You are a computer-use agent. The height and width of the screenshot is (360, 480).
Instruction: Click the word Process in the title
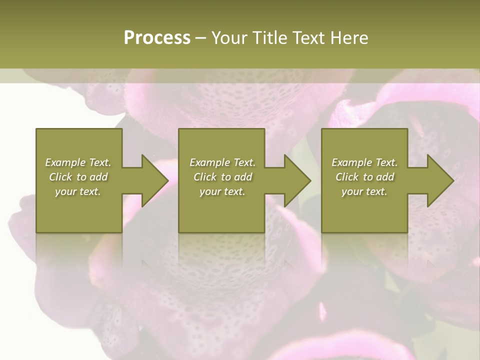tap(157, 37)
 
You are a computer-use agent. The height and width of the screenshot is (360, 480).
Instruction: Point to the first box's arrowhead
tap(155, 180)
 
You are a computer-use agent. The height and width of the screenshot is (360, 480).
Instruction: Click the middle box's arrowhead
tap(297, 180)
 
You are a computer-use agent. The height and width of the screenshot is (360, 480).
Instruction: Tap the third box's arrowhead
tap(440, 180)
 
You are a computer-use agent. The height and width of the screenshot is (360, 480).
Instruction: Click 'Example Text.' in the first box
tap(78, 162)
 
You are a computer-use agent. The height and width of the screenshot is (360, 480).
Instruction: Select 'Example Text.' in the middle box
tap(222, 162)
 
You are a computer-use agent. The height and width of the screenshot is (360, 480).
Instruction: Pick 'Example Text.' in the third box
tap(364, 162)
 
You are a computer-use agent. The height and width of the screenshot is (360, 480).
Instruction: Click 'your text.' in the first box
tap(78, 191)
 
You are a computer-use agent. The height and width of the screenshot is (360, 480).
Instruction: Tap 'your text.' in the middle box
tap(222, 191)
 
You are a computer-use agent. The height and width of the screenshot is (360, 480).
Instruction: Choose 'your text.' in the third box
tap(364, 191)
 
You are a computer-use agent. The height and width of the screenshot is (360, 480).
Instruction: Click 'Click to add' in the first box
tap(78, 177)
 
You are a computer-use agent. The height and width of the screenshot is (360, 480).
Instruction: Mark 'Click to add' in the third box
tap(365, 177)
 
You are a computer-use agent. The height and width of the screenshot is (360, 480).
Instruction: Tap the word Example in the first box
tap(65, 162)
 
